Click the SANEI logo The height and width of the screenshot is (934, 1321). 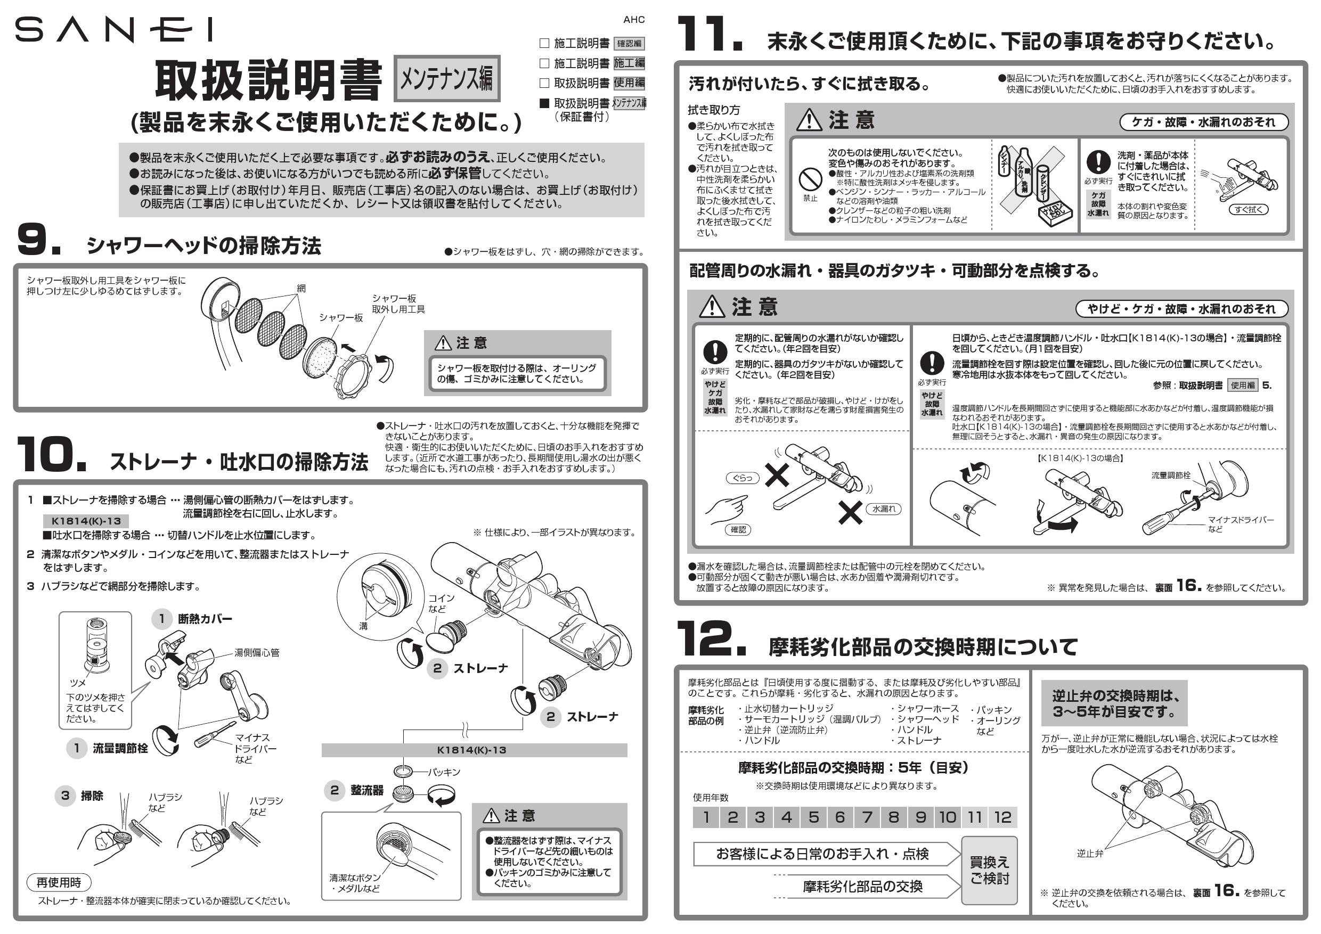(x=113, y=30)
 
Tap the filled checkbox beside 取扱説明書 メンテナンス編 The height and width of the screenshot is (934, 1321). (x=544, y=103)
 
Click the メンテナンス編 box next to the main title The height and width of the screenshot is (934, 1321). (x=446, y=79)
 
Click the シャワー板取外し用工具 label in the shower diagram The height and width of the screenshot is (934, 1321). (x=397, y=304)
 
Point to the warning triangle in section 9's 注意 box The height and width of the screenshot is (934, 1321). (x=443, y=343)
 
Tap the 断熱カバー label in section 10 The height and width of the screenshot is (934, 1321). (x=205, y=619)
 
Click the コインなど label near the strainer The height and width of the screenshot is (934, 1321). (x=441, y=603)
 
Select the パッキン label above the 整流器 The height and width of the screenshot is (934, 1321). (x=444, y=772)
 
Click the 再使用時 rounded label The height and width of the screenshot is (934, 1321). (x=59, y=882)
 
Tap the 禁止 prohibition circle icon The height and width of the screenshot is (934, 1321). (x=810, y=181)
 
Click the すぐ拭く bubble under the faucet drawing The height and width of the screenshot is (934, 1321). (x=1248, y=210)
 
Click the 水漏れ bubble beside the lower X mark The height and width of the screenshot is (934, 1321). (x=883, y=509)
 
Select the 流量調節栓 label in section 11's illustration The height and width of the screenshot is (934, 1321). (x=1170, y=475)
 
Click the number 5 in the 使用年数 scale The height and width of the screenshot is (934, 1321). (x=813, y=817)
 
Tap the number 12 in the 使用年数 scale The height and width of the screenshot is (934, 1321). (x=1002, y=817)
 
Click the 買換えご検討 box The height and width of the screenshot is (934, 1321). (x=989, y=870)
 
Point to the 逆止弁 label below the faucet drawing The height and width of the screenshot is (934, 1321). (x=1090, y=854)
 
